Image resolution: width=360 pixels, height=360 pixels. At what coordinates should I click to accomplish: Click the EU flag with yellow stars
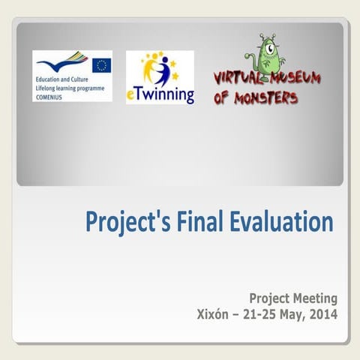[x=102, y=64]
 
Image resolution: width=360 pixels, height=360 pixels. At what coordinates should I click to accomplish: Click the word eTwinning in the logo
[x=160, y=96]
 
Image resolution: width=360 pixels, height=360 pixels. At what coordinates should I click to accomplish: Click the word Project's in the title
[x=128, y=223]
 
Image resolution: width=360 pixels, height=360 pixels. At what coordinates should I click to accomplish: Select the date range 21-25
[x=257, y=314]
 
